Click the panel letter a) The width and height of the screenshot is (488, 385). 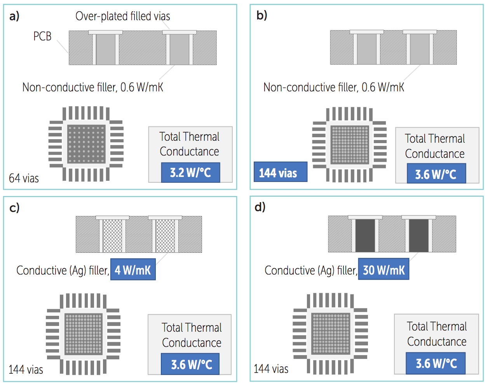pos(14,16)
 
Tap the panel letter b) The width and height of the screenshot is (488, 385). pos(262,16)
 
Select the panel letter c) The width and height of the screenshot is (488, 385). pos(14,208)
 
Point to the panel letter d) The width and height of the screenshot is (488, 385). pos(260,207)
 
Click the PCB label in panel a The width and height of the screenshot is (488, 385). pos(42,36)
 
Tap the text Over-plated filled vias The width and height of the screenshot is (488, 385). pos(123,16)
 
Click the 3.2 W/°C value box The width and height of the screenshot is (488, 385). pos(190,173)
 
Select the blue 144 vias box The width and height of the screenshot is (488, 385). pos(281,172)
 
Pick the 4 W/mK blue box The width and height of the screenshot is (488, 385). pos(133,269)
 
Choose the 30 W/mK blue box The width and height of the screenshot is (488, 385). pos(384,269)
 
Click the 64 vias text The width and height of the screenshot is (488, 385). pos(24,178)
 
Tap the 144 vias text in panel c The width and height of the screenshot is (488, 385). pos(26,369)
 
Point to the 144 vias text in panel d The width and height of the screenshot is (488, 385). pos(271,369)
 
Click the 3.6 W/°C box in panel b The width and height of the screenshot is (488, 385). pos(436,173)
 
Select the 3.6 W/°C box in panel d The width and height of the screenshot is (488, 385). pos(436,363)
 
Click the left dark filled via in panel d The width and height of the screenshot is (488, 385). pos(365,235)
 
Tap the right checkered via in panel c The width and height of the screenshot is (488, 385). pos(165,236)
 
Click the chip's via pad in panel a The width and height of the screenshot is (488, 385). pos(86,144)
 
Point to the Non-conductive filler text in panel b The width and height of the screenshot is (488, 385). pos(334,87)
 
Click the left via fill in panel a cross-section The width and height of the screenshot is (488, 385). pos(106,49)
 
